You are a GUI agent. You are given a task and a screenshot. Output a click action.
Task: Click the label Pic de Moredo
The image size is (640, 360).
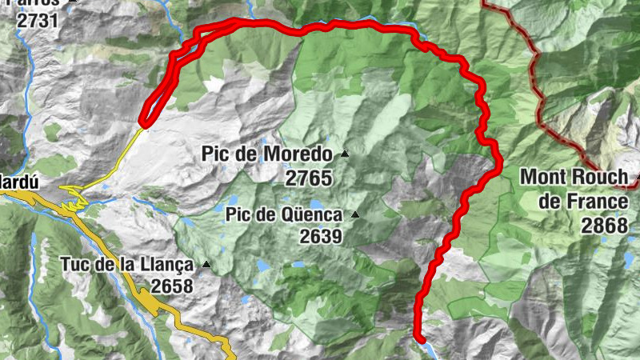pyautogui.click(x=266, y=154)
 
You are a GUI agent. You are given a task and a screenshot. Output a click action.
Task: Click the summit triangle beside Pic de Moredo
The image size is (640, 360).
pyautogui.click(x=345, y=154)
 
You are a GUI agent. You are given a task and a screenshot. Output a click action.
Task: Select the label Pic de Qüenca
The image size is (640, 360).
pyautogui.click(x=284, y=214)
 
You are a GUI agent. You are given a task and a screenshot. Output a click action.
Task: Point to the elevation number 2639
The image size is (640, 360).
pyautogui.click(x=321, y=236)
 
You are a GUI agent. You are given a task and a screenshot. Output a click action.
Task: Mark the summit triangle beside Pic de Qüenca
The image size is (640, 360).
pyautogui.click(x=354, y=214)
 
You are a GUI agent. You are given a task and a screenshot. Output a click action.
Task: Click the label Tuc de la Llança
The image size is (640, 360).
pyautogui.click(x=127, y=264)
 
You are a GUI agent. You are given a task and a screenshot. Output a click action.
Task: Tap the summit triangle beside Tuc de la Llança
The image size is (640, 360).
pyautogui.click(x=206, y=264)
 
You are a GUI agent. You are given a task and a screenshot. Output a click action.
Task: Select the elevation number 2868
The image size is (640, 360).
pyautogui.click(x=605, y=226)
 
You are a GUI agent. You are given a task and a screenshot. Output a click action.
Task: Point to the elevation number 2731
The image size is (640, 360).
pyautogui.click(x=38, y=20)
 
